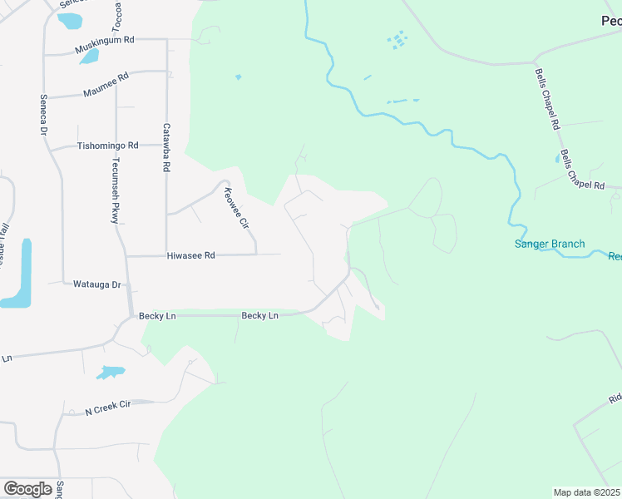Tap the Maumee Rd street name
click(x=105, y=86)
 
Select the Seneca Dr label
click(x=43, y=115)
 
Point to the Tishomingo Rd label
click(x=106, y=145)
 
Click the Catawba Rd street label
click(x=165, y=147)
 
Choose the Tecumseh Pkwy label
click(x=116, y=190)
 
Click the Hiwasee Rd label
click(x=190, y=256)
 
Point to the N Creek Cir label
click(x=108, y=407)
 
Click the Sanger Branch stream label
click(x=550, y=244)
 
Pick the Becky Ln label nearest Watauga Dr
click(x=157, y=316)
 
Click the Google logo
click(x=27, y=489)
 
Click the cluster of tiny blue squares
click(x=398, y=39)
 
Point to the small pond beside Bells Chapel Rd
click(x=557, y=157)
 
